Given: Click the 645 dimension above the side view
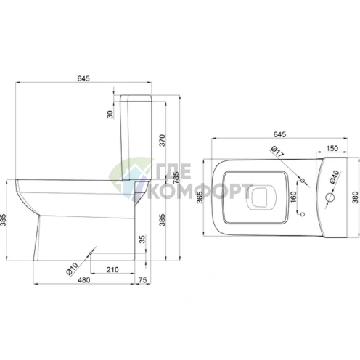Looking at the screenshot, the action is (83, 78).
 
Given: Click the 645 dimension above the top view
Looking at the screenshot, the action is (279, 134).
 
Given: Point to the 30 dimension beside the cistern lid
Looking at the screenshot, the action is (110, 114).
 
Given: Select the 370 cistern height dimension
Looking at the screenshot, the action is (163, 140).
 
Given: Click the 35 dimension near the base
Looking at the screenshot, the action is (143, 239).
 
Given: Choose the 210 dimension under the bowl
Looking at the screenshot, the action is (112, 269).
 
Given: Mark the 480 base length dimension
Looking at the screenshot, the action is (83, 280).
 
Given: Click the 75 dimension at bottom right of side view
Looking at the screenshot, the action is (143, 280).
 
